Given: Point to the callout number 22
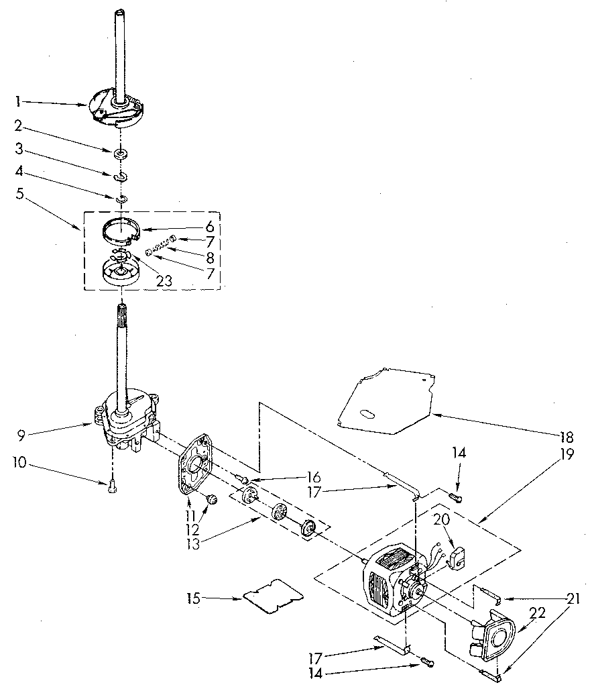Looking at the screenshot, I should [x=538, y=613].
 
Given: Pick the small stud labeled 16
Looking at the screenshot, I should [x=243, y=480].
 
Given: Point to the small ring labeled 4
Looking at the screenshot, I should [x=122, y=199].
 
